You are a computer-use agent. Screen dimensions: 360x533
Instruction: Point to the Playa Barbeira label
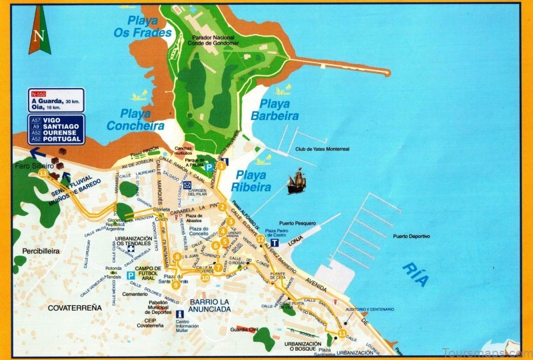click(275, 109)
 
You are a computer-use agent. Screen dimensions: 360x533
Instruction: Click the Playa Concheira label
click(135, 119)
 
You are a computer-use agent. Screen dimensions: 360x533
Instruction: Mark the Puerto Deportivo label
click(411, 236)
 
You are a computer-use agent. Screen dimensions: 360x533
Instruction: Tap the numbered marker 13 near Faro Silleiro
click(43, 173)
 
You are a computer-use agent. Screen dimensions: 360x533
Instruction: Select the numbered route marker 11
click(342, 333)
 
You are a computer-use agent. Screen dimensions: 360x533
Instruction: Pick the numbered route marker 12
click(261, 239)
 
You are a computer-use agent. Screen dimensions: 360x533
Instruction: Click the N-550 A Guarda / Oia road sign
click(56, 100)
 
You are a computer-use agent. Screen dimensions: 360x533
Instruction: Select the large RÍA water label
click(415, 274)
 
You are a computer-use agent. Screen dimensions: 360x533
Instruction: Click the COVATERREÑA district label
click(75, 307)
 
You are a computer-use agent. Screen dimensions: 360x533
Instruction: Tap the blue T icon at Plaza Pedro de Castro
click(273, 243)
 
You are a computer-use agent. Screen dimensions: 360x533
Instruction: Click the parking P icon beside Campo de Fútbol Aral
click(130, 275)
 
